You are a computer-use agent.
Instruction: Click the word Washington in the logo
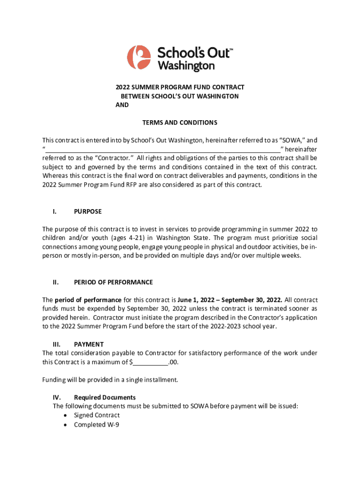point(186,66)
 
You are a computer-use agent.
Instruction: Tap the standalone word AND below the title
point(122,105)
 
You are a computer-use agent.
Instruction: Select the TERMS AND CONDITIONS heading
point(180,123)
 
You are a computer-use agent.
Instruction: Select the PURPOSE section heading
point(88,211)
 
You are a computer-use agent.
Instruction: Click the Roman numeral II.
point(55,282)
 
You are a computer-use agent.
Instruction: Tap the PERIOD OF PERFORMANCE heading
point(113,282)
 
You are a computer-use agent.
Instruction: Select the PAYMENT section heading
point(89,344)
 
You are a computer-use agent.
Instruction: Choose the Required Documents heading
point(105,397)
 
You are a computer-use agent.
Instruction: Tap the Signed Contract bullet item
point(97,415)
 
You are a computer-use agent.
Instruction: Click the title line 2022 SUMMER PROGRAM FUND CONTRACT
point(180,87)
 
